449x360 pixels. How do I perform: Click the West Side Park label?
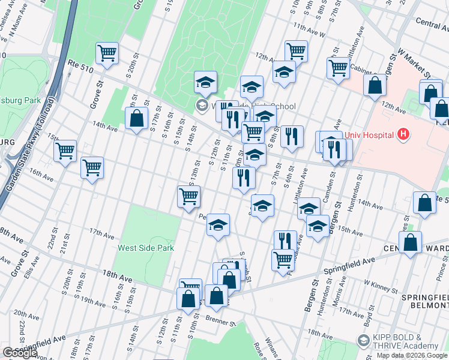click(145, 247)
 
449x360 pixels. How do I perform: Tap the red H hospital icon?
click(403, 134)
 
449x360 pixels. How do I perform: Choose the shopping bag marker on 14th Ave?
click(137, 118)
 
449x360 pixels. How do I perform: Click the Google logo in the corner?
click(20, 353)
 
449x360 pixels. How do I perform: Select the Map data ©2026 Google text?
click(412, 355)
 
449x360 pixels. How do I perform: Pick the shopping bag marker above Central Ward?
click(410, 244)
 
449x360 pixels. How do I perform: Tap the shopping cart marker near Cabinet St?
click(338, 67)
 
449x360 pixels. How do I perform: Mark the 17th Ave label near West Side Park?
click(100, 232)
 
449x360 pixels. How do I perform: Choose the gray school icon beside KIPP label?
click(363, 341)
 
